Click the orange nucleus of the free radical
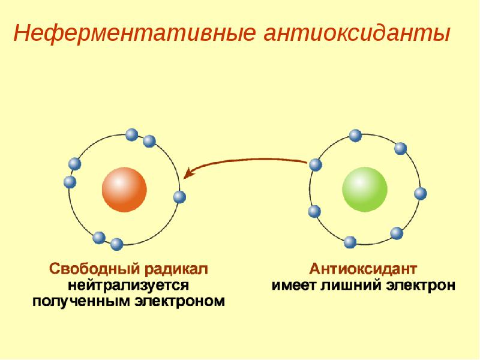pyautogui.click(x=124, y=190)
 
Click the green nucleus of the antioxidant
pyautogui.click(x=364, y=190)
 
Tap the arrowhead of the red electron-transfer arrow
pyautogui.click(x=188, y=174)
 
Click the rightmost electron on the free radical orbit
pyautogui.click(x=179, y=197)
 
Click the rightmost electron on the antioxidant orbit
pyautogui.click(x=421, y=193)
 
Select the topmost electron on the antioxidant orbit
pyautogui.click(x=355, y=135)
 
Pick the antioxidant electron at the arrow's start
pyautogui.click(x=316, y=164)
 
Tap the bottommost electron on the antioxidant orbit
pyautogui.click(x=350, y=242)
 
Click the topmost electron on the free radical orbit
pyautogui.click(x=131, y=134)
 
